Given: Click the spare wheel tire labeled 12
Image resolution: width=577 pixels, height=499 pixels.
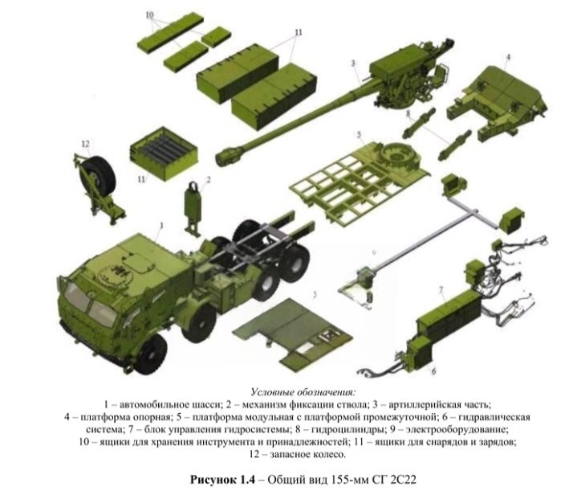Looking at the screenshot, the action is (97, 176).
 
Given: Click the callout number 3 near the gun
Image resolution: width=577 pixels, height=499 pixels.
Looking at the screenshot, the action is (353, 63).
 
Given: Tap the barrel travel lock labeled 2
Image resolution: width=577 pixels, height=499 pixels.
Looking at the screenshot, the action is (194, 207).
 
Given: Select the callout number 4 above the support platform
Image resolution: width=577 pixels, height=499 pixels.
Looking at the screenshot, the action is (508, 57).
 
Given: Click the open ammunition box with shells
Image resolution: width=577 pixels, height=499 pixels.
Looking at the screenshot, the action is (164, 153).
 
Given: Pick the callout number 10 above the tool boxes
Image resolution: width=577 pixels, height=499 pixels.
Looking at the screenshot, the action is (149, 15).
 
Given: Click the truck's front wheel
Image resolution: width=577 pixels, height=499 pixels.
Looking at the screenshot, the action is (151, 354).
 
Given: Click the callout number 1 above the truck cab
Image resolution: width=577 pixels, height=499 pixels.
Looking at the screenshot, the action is (161, 225).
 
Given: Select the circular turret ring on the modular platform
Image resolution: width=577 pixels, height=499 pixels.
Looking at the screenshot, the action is (399, 155).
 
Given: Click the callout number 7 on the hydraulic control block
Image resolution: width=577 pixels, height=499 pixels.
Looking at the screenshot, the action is (441, 290).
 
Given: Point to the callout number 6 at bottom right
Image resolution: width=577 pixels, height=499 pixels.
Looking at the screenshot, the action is (433, 370).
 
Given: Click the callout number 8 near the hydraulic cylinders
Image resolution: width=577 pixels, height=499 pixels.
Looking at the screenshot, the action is (408, 113).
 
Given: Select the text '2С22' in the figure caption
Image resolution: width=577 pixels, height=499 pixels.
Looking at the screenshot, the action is (404, 480).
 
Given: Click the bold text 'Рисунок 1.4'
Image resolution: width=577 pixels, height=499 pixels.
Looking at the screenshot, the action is (222, 480).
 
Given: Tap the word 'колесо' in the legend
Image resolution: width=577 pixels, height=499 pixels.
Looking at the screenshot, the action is (327, 454).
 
